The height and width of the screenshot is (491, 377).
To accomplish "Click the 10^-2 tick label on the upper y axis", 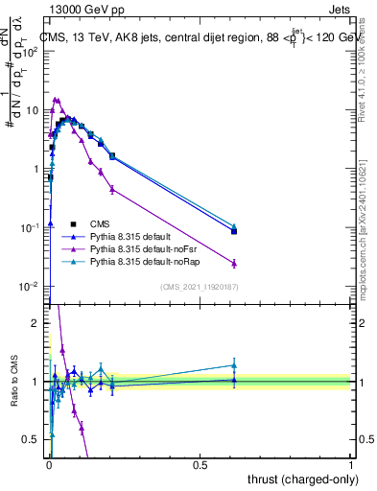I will (29, 287).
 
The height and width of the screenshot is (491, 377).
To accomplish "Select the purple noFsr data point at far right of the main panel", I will (234, 263).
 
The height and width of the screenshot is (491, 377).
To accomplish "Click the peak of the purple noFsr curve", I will (56, 99).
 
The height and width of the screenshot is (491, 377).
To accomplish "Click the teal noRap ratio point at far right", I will (234, 364).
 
